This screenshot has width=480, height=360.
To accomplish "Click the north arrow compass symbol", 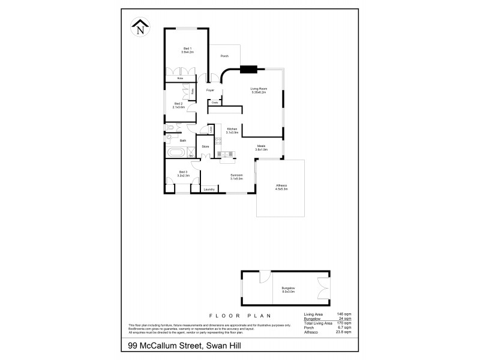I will tap(140, 26).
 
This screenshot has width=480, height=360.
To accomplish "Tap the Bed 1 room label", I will tap(188, 50).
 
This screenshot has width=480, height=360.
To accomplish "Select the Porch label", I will tap(224, 56).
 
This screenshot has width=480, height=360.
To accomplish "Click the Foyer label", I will tap(210, 90).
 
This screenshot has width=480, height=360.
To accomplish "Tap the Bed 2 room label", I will tap(178, 105).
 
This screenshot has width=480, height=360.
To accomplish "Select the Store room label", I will tap(205, 146).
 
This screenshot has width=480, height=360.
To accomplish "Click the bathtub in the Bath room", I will tap(175, 152).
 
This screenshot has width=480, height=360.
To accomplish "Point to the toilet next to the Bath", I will tap(171, 127).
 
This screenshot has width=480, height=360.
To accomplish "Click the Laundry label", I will tap(209, 190).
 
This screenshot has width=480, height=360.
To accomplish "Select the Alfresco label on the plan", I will tap(281, 187).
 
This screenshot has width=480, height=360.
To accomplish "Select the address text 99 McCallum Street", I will tap(162, 346).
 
